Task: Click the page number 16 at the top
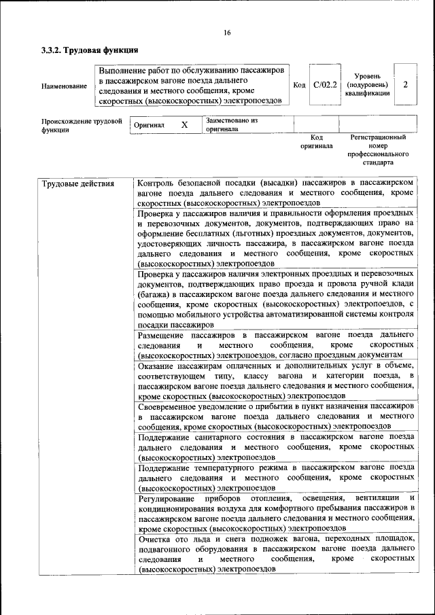pos(227,33)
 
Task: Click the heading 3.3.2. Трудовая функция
pos(90,50)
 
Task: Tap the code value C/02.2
pos(325,85)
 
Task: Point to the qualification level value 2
pos(405,85)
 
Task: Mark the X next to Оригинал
pos(184,125)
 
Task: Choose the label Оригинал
pos(149,126)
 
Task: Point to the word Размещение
pos(164,336)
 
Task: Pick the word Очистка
pos(156,538)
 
